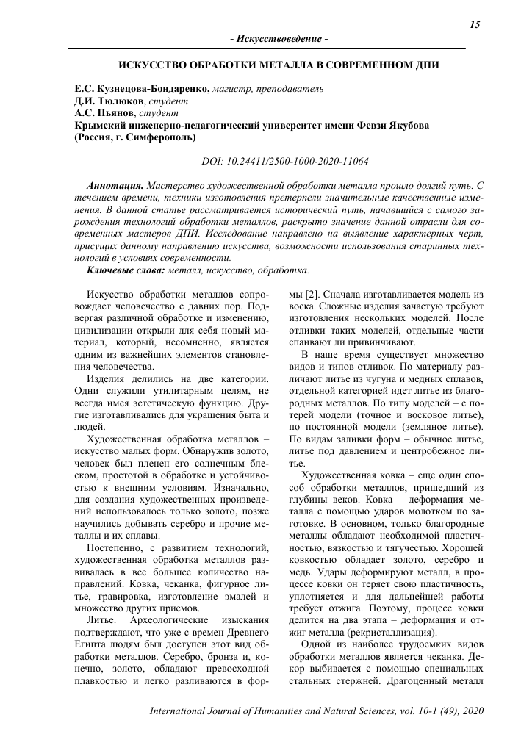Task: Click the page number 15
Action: click(474, 25)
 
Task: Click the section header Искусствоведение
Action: click(279, 37)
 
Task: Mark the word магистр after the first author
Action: click(232, 89)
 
